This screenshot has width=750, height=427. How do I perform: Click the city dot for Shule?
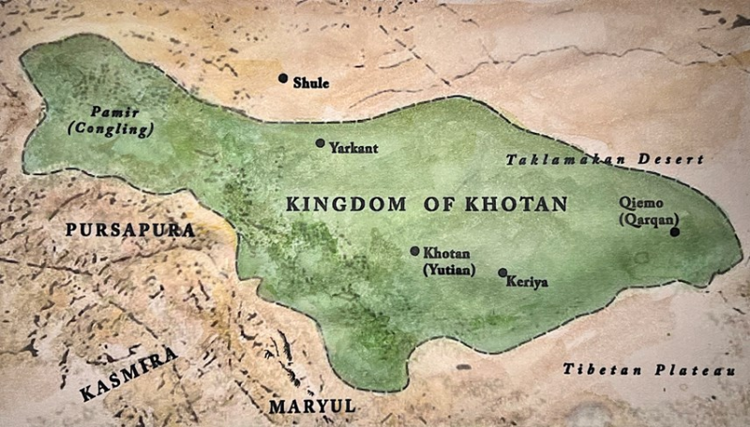[x=282, y=78]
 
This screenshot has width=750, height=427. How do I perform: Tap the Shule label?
[x=311, y=82]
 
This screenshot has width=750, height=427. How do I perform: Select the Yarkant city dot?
[x=320, y=143]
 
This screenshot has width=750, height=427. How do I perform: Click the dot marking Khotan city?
[x=414, y=251]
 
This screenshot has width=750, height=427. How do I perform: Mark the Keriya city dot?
[x=502, y=272]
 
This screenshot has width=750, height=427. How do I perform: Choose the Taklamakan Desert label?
[x=604, y=160]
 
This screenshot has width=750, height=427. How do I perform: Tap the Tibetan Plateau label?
[x=649, y=370]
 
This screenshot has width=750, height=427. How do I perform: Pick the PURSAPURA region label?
[x=128, y=229]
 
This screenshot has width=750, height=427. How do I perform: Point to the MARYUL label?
[x=312, y=406]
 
